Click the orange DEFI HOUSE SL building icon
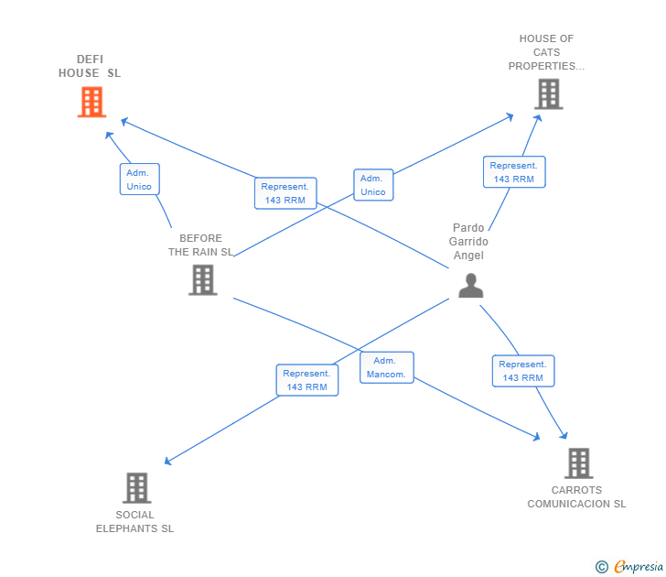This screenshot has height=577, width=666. [91, 102]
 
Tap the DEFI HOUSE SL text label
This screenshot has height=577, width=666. [90, 66]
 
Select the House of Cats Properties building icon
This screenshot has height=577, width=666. [549, 94]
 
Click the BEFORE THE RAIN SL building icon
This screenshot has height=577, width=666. [203, 279]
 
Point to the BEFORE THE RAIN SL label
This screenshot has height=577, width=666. [201, 245]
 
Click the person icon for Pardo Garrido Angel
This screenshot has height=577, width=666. [471, 286]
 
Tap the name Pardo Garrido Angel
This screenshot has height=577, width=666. [468, 242]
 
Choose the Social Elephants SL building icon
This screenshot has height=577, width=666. [137, 488]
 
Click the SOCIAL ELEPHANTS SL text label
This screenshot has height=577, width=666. [134, 522]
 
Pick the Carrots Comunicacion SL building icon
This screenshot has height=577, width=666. [579, 463]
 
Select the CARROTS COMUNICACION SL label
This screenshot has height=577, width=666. [576, 497]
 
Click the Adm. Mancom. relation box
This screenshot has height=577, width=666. [386, 367]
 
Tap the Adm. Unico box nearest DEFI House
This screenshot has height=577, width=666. [140, 179]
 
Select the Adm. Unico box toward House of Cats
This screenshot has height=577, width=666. [373, 184]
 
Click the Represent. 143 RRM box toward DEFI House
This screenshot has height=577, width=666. [285, 193]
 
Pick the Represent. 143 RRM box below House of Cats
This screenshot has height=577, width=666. [514, 172]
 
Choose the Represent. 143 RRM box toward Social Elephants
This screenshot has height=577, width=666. [307, 380]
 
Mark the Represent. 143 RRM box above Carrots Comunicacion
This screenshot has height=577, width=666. [523, 371]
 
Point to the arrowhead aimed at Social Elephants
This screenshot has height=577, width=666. [167, 462]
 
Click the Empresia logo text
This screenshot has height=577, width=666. [638, 566]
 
